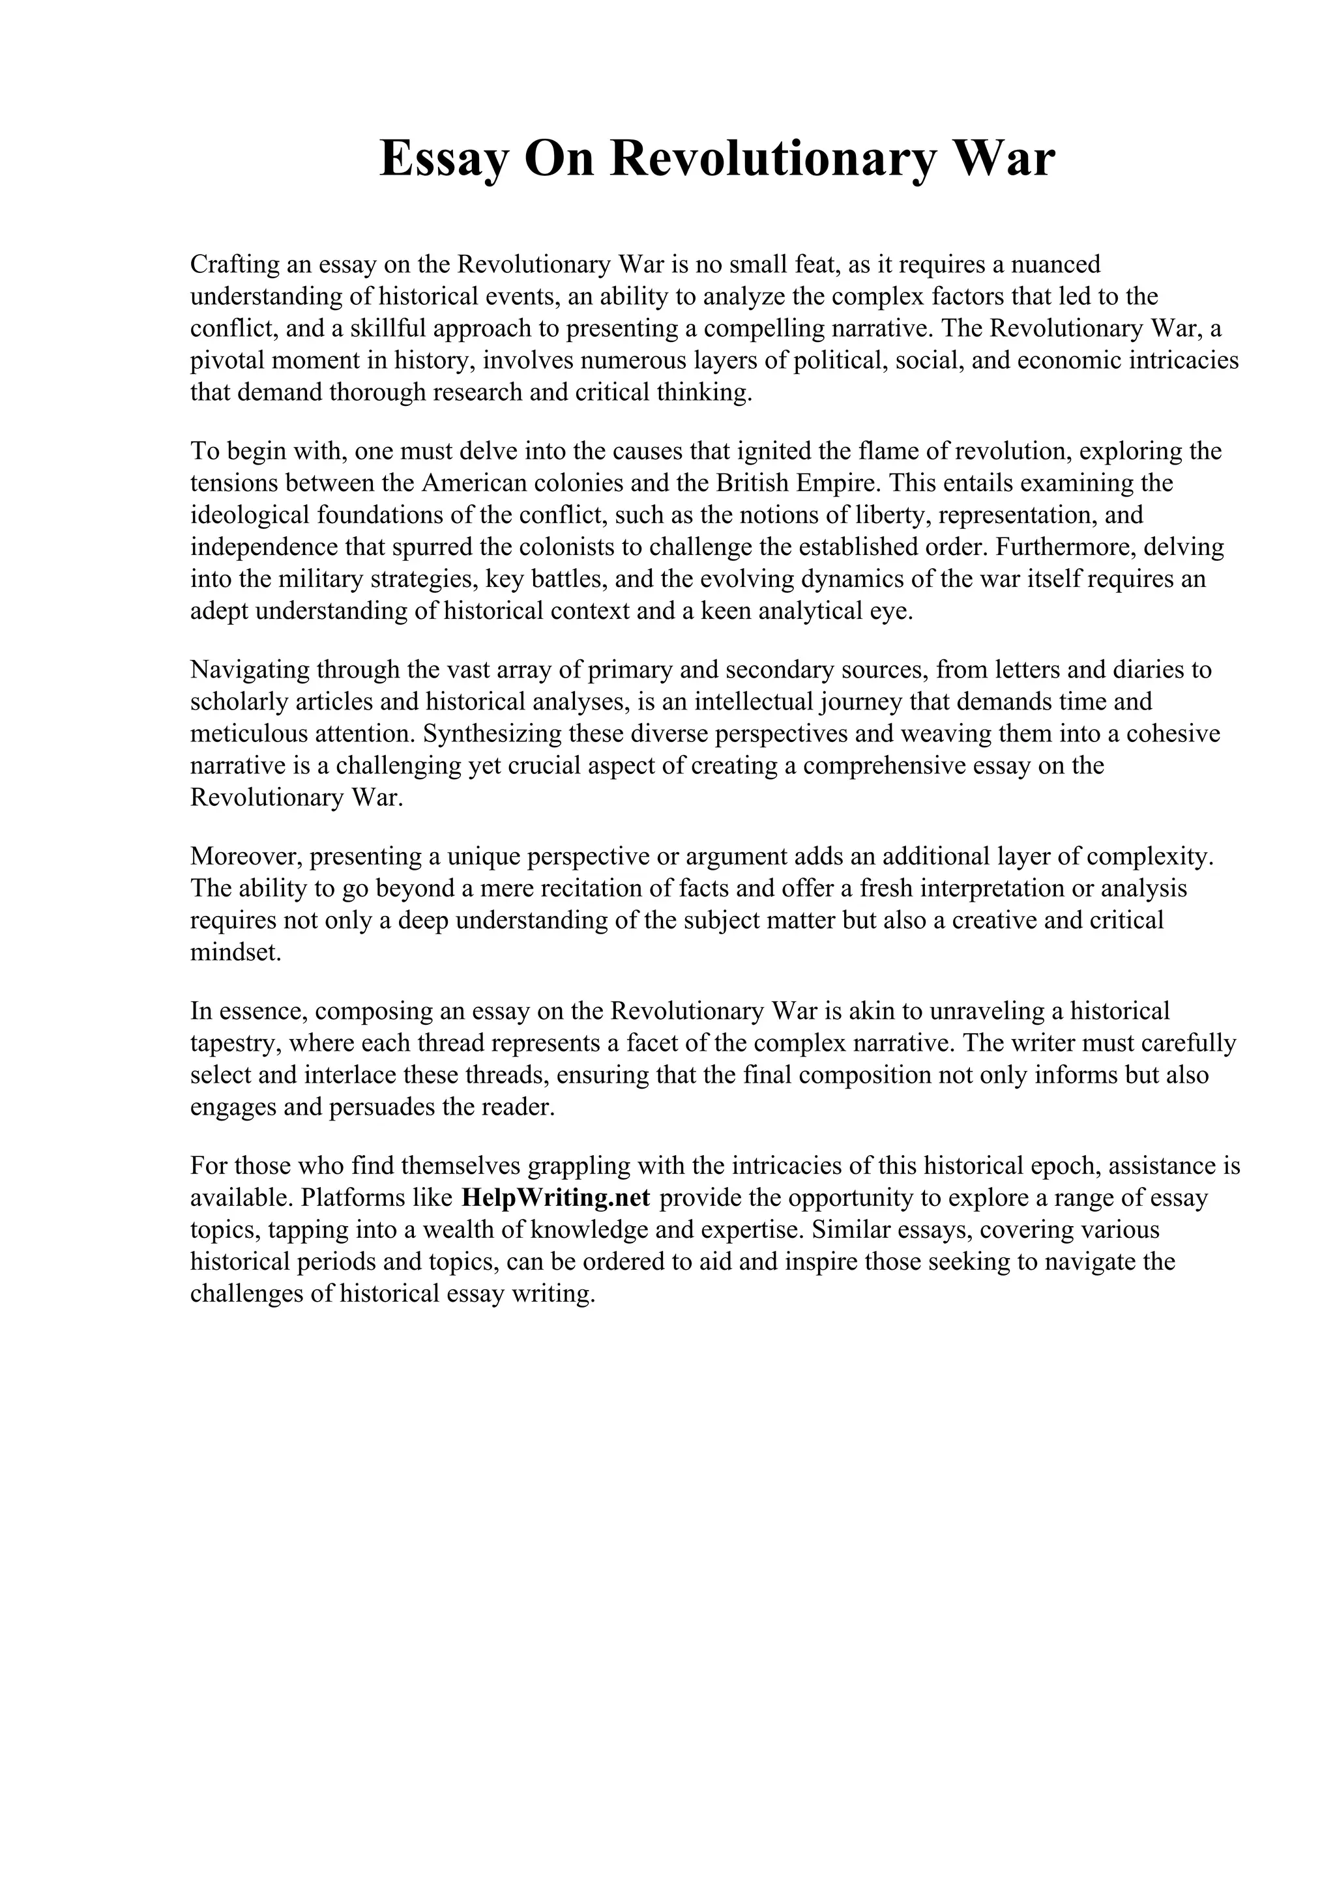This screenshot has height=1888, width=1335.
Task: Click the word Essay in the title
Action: [443, 160]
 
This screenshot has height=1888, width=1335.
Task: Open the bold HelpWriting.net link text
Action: [556, 1198]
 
